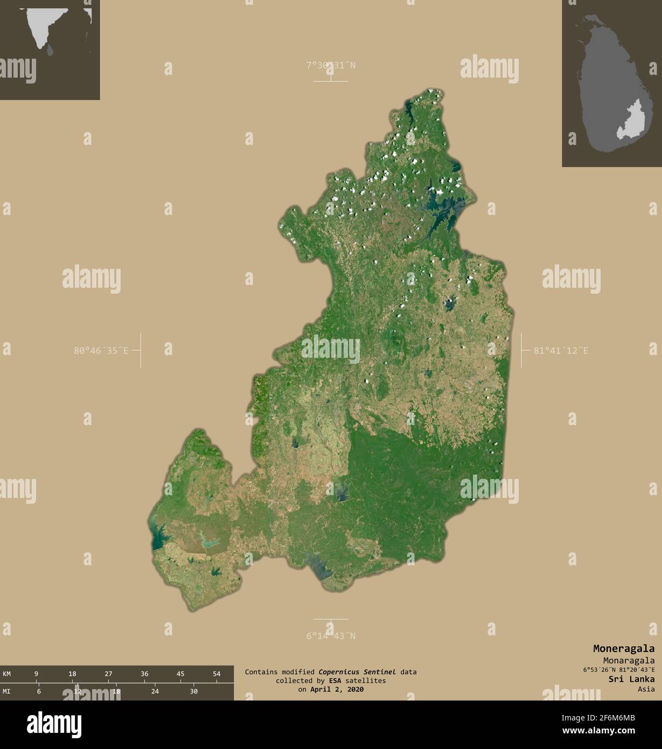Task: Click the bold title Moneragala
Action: point(624,649)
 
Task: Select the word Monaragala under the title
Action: point(629,661)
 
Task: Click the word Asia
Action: point(646,689)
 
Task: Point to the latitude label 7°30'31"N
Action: point(331,66)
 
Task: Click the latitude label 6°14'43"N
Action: point(331,636)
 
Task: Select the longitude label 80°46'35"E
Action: point(101,351)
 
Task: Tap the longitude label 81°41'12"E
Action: point(561,351)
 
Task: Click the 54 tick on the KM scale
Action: point(217,674)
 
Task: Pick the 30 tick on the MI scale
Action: point(194,691)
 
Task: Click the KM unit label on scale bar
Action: point(7,674)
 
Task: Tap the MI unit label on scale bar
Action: point(7,691)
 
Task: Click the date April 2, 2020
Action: point(337,689)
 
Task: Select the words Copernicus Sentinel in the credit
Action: point(357,672)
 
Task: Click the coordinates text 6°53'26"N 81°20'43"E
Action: point(618,670)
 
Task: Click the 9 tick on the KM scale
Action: point(36,674)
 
